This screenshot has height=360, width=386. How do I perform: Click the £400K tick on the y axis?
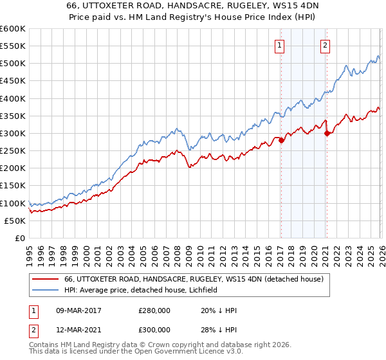[x=13, y=98]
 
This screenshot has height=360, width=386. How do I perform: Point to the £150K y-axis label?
[x=13, y=186]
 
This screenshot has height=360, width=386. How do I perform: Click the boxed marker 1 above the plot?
[x=280, y=45]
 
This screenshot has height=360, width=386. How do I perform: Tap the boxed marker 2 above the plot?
[x=326, y=45]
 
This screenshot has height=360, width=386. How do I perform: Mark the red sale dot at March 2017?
[x=281, y=140]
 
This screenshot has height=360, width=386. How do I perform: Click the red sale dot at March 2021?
[x=327, y=133]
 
